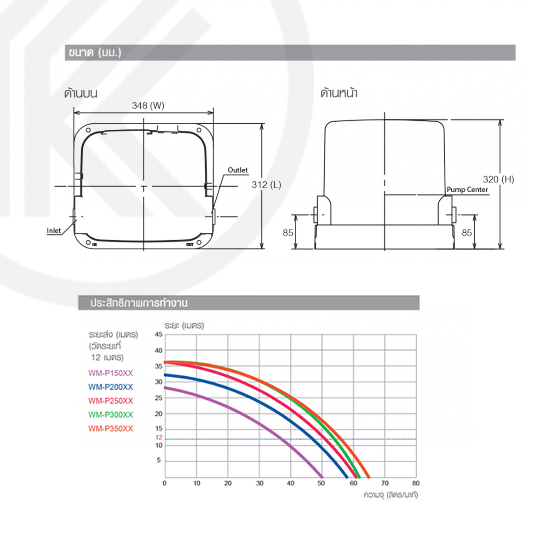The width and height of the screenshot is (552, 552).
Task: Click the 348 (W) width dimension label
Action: pos(148,106)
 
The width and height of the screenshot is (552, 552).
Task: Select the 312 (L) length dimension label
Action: pos(266,185)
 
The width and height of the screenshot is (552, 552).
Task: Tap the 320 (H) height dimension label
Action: pos(499,179)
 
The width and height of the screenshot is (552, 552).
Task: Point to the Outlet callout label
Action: pos(238,170)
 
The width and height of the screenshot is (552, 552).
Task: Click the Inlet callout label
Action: pos(54,230)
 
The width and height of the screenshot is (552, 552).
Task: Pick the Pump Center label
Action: pos(467,190)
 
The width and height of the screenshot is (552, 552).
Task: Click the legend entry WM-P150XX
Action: pos(110,373)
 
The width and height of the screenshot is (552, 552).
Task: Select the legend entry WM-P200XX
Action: pos(110,387)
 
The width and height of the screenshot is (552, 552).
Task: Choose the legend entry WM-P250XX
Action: pos(110,401)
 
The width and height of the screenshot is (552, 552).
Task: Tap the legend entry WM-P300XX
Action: pos(110,414)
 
